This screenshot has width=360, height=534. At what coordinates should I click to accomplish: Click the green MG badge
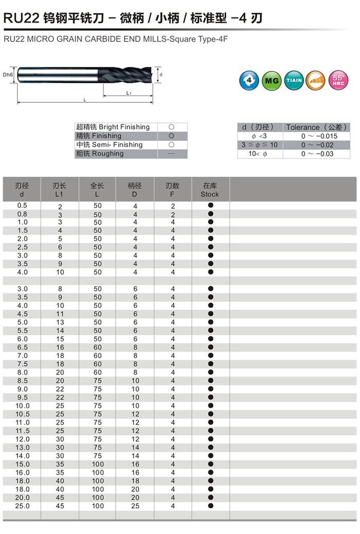click(x=271, y=80)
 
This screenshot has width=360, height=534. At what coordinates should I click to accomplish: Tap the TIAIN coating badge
click(x=294, y=80)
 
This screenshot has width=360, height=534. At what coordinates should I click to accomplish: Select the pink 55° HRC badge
click(x=338, y=80)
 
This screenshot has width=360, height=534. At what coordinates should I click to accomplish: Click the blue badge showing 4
click(x=249, y=80)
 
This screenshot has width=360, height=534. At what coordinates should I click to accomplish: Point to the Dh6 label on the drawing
click(x=7, y=75)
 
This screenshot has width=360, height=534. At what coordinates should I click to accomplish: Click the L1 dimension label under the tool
click(x=129, y=93)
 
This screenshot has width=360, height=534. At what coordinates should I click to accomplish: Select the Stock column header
click(x=210, y=190)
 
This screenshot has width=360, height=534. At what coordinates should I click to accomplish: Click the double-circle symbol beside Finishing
click(x=171, y=136)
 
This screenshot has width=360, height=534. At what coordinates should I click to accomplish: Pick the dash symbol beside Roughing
click(x=171, y=154)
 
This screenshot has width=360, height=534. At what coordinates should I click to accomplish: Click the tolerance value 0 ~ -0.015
click(x=319, y=136)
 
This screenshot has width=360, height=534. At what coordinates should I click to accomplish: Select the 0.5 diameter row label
click(x=22, y=206)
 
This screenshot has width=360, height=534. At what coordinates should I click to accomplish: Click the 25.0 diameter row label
click(x=22, y=506)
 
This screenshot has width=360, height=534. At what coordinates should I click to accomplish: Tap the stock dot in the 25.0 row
click(x=210, y=506)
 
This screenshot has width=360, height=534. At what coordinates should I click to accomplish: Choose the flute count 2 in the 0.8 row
click(x=173, y=214)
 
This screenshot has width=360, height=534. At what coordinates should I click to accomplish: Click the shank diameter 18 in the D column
click(x=135, y=481)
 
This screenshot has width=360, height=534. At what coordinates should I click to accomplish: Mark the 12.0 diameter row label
click(x=22, y=439)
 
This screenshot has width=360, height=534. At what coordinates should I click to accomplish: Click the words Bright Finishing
click(x=124, y=127)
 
